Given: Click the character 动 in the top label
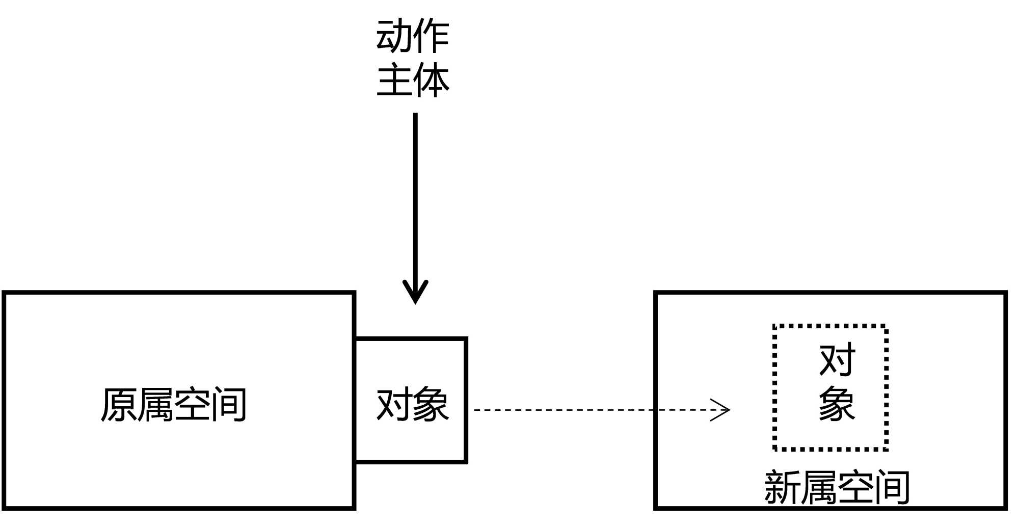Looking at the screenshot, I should point(394,37).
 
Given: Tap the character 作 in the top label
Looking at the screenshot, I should point(431,37).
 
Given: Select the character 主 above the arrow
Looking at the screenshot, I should point(394,80).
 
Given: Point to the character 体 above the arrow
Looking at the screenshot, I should point(431,80).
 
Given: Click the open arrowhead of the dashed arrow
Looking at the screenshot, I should point(721,410).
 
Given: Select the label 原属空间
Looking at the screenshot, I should point(174,405).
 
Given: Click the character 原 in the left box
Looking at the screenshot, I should point(119,405).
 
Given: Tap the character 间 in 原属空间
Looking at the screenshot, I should point(229,405).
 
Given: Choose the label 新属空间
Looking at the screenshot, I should point(837,488).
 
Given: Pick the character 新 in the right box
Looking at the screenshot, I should point(783,488).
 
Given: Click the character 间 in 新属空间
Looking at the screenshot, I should point(892,488).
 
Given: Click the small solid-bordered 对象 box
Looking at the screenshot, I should point(411,400).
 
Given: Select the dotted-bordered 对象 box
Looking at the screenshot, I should point(830,387).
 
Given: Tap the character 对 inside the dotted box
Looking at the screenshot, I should point(837,360).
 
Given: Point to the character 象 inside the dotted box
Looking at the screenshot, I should point(837,404).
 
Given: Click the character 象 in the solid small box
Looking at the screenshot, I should point(431,405).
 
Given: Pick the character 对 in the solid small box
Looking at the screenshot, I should point(394,405).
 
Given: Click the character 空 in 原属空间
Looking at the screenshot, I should point(192,405).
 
